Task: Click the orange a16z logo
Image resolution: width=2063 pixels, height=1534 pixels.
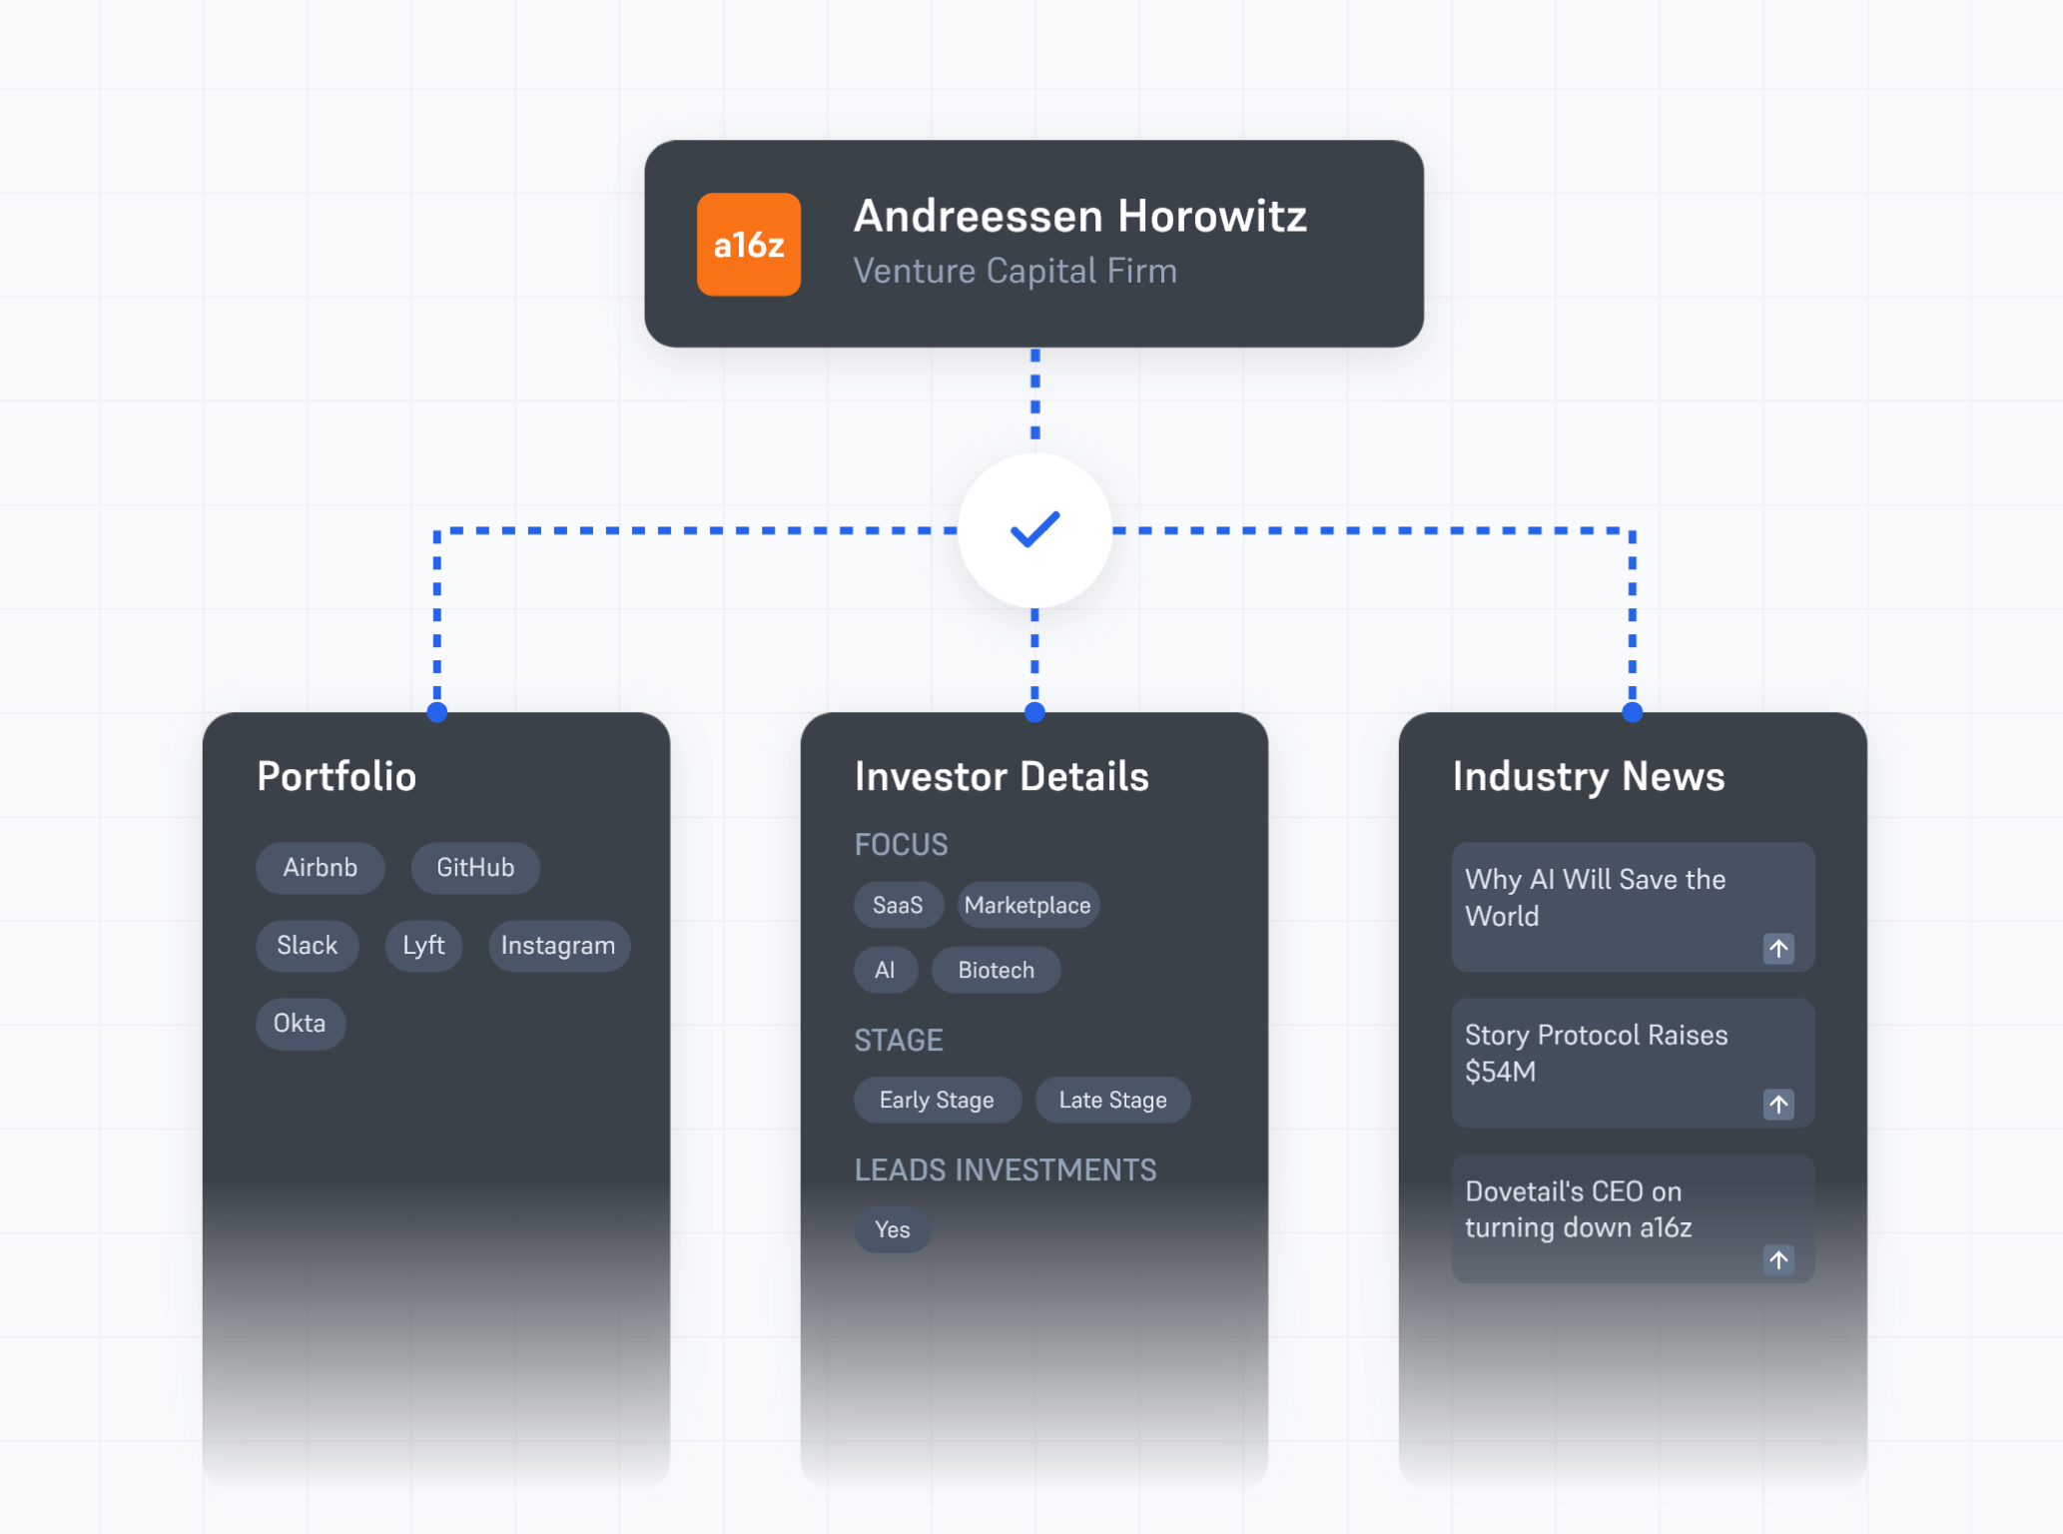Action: pyautogui.click(x=748, y=245)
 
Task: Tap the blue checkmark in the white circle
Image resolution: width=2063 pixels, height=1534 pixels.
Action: pyautogui.click(x=1034, y=529)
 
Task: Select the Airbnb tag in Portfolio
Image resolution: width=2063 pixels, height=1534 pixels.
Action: pyautogui.click(x=320, y=867)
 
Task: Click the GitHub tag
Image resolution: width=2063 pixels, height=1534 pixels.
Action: pyautogui.click(x=475, y=867)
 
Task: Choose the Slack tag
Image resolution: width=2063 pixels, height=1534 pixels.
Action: pyautogui.click(x=307, y=945)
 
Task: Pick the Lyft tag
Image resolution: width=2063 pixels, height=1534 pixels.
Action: pyautogui.click(x=423, y=945)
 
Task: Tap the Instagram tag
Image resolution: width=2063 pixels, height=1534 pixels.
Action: pyautogui.click(x=558, y=945)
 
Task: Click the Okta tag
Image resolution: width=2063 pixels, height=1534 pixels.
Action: pyautogui.click(x=300, y=1023)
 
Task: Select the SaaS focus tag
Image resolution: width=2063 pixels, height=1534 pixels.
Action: pyautogui.click(x=897, y=905)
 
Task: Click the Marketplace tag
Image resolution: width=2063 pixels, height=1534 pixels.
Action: pyautogui.click(x=1027, y=905)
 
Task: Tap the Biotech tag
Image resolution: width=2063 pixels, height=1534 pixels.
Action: pyautogui.click(x=996, y=970)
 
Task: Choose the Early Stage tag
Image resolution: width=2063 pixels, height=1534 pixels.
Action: pyautogui.click(x=937, y=1100)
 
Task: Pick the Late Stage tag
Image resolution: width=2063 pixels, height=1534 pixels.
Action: pyautogui.click(x=1112, y=1100)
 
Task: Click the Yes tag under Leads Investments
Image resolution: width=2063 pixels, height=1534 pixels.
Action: pyautogui.click(x=892, y=1229)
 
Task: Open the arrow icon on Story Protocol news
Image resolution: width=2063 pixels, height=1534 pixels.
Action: pyautogui.click(x=1777, y=1104)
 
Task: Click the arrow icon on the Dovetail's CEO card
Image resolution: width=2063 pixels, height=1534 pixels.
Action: pyautogui.click(x=1777, y=1259)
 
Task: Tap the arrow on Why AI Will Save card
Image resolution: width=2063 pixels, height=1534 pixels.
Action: pyautogui.click(x=1777, y=948)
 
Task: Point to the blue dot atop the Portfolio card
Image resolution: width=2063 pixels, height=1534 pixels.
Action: pyautogui.click(x=437, y=712)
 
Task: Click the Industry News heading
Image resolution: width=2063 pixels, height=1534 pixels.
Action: pyautogui.click(x=1588, y=776)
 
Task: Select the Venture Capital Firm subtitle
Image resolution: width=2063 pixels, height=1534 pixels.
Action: pyautogui.click(x=1015, y=271)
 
